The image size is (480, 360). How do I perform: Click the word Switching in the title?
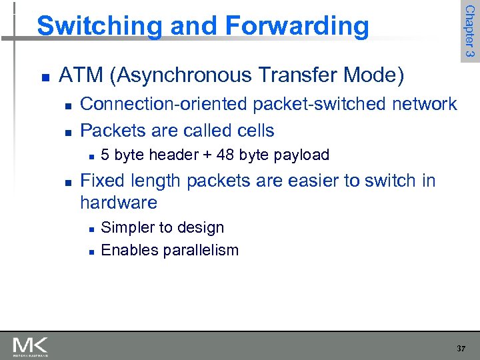pos(99,27)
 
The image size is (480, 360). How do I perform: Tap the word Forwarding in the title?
pos(297,27)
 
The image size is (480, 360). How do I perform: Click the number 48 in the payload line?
pos(225,155)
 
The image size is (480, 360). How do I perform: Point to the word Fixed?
pos(100,181)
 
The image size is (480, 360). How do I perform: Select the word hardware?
pos(119,203)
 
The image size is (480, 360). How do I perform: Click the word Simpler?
pos(127,228)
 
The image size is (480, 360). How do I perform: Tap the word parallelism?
pos(197,251)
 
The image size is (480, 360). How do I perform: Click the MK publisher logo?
pos(30,346)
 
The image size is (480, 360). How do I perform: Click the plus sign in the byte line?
pos(207,156)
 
